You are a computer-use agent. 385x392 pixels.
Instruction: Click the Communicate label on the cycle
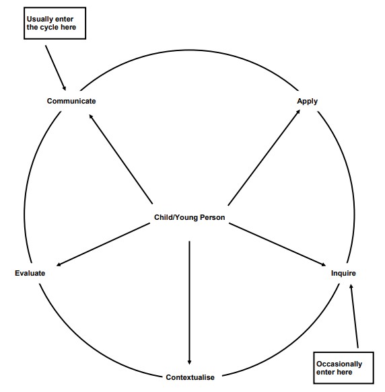pos(71,101)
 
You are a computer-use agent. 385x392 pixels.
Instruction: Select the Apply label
pos(307,102)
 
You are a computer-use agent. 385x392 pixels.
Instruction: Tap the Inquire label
pos(343,273)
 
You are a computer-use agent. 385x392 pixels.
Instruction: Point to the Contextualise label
pos(190,377)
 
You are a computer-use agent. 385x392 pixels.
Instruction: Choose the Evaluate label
pos(30,273)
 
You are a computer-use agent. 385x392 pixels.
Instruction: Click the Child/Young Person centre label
pos(190,217)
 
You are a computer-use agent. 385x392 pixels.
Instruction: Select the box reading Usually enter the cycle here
pos(55,24)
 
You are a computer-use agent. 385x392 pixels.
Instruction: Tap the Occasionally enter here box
pos(343,368)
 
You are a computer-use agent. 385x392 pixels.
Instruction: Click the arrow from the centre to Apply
pos(264,158)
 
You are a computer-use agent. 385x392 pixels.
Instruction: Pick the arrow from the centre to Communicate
pos(120,159)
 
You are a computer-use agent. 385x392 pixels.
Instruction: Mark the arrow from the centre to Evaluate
pos(103,245)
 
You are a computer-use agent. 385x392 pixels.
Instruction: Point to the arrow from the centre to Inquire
pos(277,245)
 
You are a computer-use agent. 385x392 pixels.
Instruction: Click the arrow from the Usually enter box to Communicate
pos(56,68)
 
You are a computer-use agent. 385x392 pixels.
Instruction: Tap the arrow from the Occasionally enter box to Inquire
pos(354,316)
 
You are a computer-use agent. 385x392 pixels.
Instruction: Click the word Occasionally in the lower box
pos(339,364)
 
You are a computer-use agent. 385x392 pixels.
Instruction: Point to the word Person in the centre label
pos(212,217)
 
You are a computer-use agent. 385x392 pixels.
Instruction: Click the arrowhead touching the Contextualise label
pos(189,362)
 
